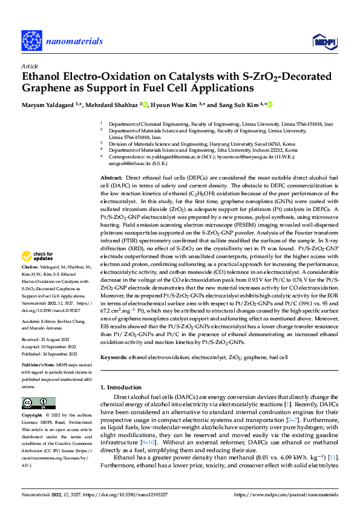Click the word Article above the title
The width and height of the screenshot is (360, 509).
pos(29,66)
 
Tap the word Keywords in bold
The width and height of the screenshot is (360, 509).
pos(114,358)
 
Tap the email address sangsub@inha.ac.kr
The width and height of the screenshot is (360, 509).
pos(130,163)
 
